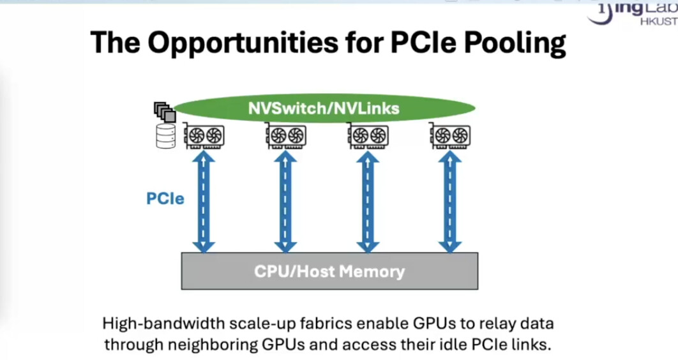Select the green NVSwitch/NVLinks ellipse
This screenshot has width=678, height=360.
coord(325,108)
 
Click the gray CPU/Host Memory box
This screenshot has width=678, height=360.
coord(329,271)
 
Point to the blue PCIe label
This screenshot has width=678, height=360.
coord(165,199)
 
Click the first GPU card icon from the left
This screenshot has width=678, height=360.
coord(204,136)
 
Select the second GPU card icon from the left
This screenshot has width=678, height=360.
coord(286,136)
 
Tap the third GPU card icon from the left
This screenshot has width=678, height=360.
coord(368,136)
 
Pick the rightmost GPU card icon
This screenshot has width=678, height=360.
coord(449,136)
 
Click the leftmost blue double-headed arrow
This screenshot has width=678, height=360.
coord(204,202)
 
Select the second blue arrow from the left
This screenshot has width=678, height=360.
coord(285,202)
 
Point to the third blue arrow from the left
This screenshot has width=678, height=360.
coord(368,202)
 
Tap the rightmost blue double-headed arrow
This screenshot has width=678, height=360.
coord(449,202)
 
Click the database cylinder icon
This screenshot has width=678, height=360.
coord(165,136)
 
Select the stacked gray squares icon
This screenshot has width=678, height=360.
coord(165,112)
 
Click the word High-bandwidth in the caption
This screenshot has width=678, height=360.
coord(163,324)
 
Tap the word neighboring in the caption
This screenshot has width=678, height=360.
coord(212,345)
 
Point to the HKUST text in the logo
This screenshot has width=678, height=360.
coord(659,21)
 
